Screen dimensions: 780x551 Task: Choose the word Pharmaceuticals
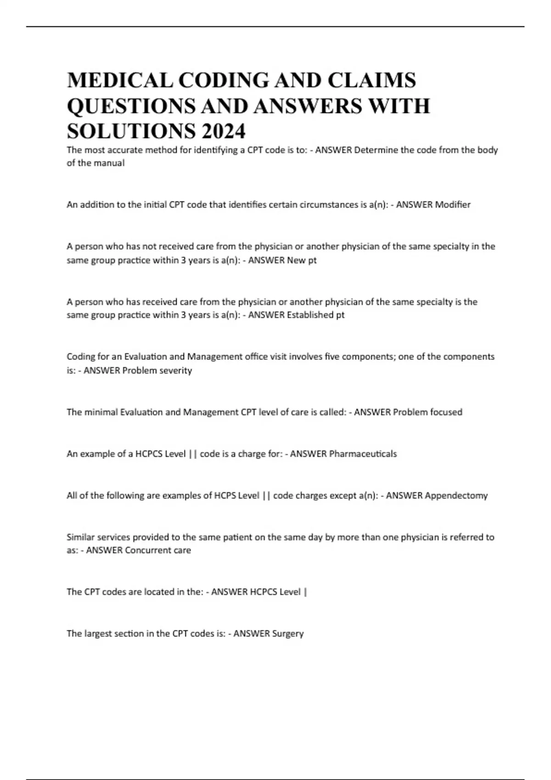coord(363,454)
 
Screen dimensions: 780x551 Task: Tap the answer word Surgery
coord(288,634)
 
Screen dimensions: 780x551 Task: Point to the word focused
coord(446,412)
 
